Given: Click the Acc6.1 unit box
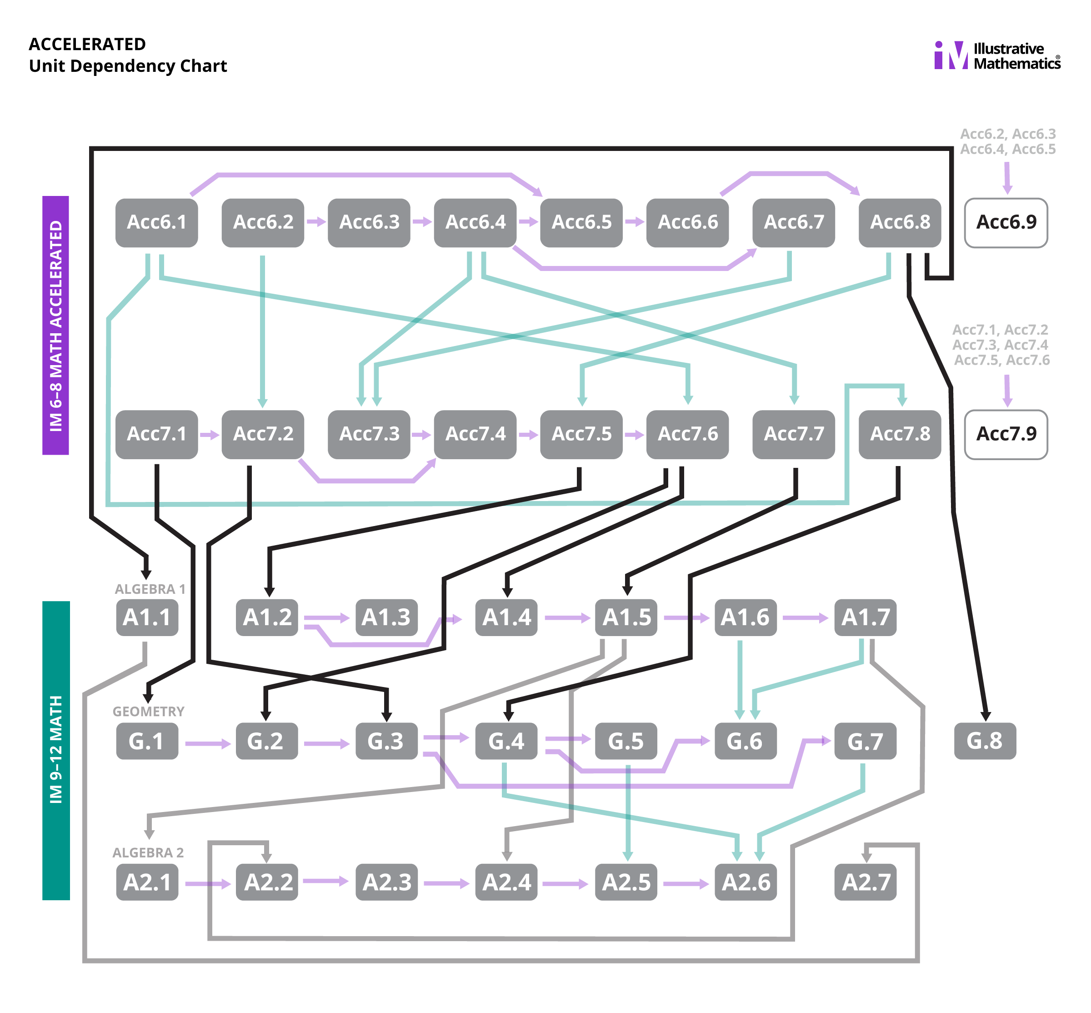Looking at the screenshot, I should point(156,222).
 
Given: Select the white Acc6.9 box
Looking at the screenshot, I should point(1006,222).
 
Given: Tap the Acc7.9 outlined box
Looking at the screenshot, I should point(1006,434).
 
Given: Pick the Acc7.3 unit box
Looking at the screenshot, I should point(369,434).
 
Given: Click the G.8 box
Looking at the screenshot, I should point(984,741).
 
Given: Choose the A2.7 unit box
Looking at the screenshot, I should point(865,882).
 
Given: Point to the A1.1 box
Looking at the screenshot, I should point(147,617).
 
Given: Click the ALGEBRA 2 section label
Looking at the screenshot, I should point(148,853).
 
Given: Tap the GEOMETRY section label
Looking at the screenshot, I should point(148,712).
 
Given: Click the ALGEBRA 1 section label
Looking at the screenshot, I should point(150,589).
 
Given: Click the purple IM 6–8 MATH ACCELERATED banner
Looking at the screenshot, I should point(55,325).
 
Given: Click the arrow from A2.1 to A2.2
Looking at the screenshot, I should point(207,883).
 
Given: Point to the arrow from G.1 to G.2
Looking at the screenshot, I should point(207,743).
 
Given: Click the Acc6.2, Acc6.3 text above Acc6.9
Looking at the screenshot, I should point(1007,134).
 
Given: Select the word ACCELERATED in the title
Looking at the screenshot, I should point(87,44).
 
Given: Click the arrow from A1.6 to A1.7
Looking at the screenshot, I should point(805,618).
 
